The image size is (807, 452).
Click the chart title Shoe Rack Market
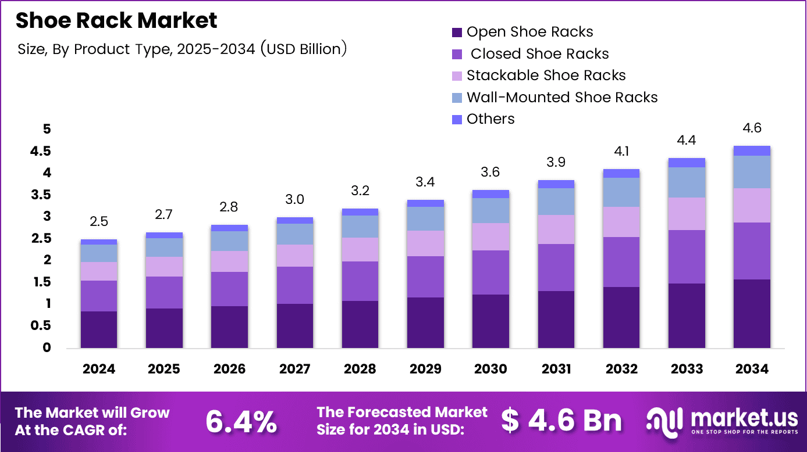(x=116, y=21)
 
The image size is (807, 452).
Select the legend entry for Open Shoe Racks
(x=529, y=32)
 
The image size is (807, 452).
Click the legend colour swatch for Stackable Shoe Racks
(x=457, y=76)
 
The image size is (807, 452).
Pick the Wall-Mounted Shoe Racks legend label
(x=561, y=97)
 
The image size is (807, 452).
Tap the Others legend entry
(x=490, y=119)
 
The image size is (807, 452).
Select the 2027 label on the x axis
(x=294, y=369)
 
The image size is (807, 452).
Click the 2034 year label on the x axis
(x=751, y=369)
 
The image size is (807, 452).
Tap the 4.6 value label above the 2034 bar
(x=751, y=128)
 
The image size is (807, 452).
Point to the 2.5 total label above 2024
(x=99, y=221)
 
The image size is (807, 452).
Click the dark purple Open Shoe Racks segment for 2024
(x=99, y=329)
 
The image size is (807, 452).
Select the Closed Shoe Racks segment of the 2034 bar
(x=751, y=251)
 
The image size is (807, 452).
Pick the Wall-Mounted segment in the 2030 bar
(x=490, y=210)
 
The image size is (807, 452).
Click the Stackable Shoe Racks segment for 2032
(x=621, y=222)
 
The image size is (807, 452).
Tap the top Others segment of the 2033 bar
(x=686, y=163)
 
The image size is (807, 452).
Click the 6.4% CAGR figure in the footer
(x=241, y=421)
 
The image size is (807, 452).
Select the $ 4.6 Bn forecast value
(x=561, y=421)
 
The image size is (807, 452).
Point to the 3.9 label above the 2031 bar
(x=556, y=162)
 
